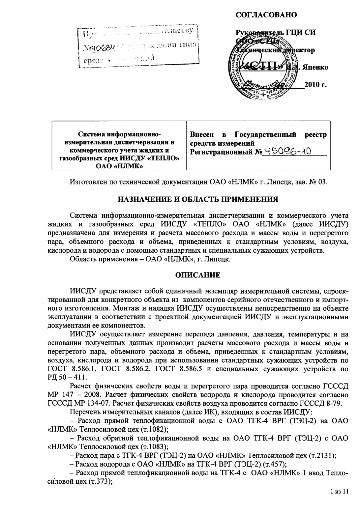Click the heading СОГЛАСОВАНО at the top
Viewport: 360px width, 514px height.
[266, 15]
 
